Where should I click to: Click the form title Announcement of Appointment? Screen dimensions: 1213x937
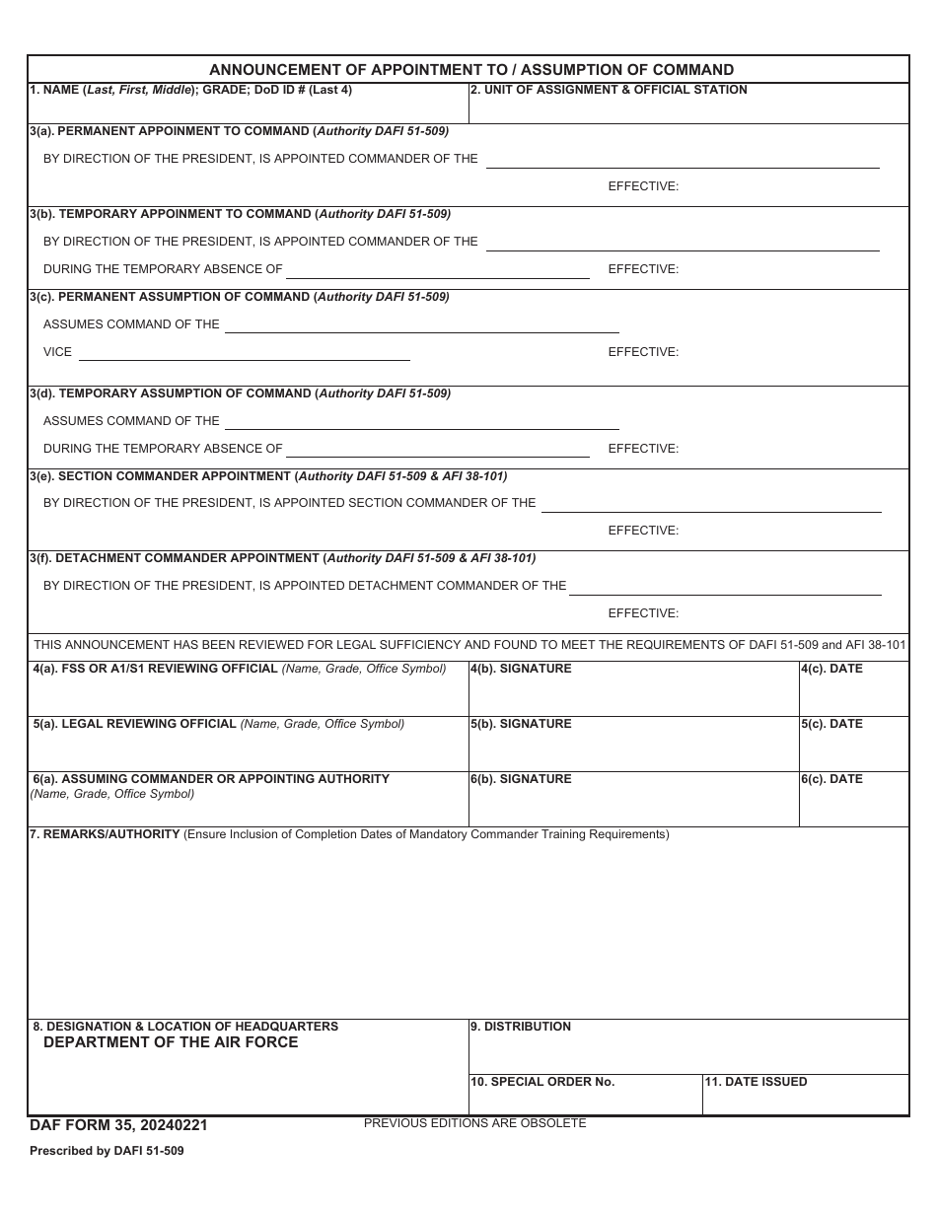(471, 70)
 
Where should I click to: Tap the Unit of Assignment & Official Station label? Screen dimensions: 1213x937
(608, 90)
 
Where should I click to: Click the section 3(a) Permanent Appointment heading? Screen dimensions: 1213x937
(239, 131)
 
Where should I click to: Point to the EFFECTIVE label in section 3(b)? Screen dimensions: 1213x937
(643, 269)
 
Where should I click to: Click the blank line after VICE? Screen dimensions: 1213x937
(244, 353)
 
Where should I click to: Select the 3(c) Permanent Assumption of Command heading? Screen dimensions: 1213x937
(239, 297)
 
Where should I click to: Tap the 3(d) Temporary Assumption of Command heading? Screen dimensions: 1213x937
(240, 393)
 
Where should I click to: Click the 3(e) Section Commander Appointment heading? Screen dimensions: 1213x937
(268, 476)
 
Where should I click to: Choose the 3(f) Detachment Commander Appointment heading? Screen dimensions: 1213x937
(282, 558)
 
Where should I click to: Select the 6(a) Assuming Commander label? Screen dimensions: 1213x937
(211, 779)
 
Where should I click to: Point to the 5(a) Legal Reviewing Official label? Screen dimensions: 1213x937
(218, 724)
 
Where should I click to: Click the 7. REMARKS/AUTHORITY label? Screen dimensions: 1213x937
(105, 834)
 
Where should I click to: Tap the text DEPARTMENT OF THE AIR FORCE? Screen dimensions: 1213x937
(171, 1042)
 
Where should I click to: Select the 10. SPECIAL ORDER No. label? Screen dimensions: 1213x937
(542, 1082)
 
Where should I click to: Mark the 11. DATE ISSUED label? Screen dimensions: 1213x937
(756, 1082)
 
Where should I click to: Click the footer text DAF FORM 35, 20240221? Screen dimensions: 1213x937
(118, 1125)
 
